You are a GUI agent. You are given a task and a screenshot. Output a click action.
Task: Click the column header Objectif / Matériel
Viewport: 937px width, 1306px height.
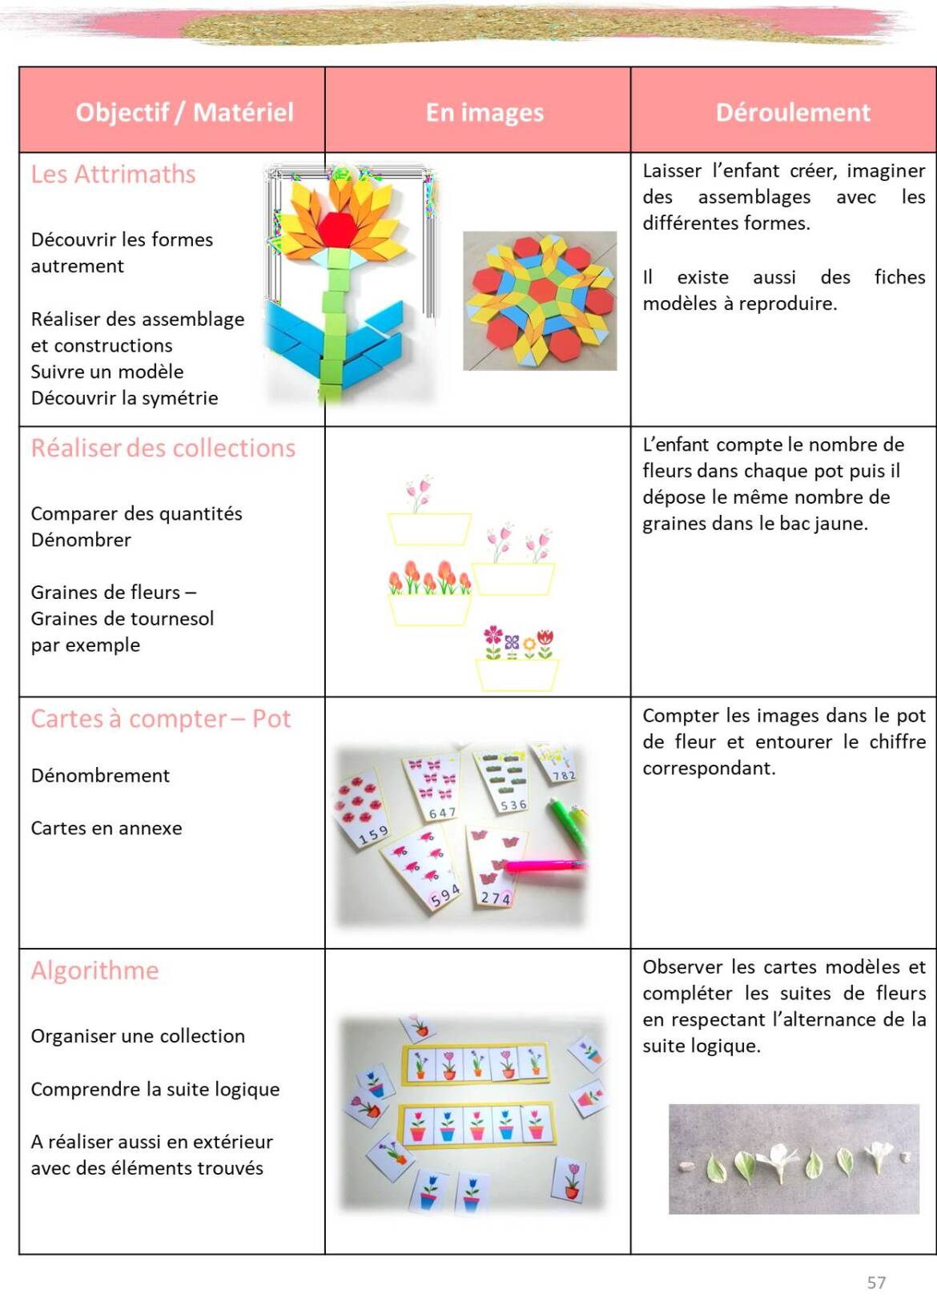[x=184, y=112]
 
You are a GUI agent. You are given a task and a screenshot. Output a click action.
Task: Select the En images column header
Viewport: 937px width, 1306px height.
[x=485, y=113]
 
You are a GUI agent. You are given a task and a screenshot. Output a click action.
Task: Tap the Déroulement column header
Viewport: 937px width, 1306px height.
[x=792, y=112]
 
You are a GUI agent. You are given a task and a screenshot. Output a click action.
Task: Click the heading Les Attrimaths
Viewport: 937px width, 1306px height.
[x=113, y=175]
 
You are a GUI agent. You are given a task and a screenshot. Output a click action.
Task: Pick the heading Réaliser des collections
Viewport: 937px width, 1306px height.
[x=163, y=448]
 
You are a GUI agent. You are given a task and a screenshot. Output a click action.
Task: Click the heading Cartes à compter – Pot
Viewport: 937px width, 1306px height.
[x=160, y=719]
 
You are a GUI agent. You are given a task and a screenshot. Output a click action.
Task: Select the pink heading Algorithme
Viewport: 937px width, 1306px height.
[x=95, y=970]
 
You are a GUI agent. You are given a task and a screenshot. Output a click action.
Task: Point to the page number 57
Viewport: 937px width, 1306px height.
[x=876, y=1283]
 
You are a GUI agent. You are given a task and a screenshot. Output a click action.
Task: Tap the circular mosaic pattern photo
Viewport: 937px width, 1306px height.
[x=540, y=301]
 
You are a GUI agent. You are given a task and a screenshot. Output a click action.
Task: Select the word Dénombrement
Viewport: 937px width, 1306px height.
[x=100, y=776]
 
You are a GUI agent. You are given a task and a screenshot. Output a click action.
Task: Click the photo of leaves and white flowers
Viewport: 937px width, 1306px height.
[x=794, y=1159]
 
